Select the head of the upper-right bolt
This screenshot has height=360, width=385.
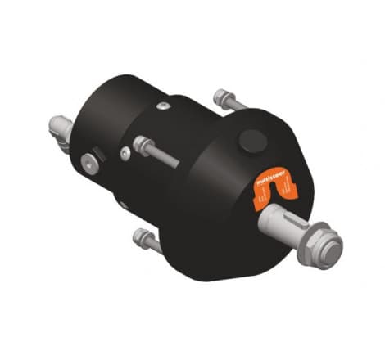pyautogui.click(x=220, y=97)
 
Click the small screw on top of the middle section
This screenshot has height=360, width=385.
pyautogui.click(x=164, y=106)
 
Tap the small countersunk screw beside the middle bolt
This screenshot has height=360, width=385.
pyautogui.click(x=124, y=153)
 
